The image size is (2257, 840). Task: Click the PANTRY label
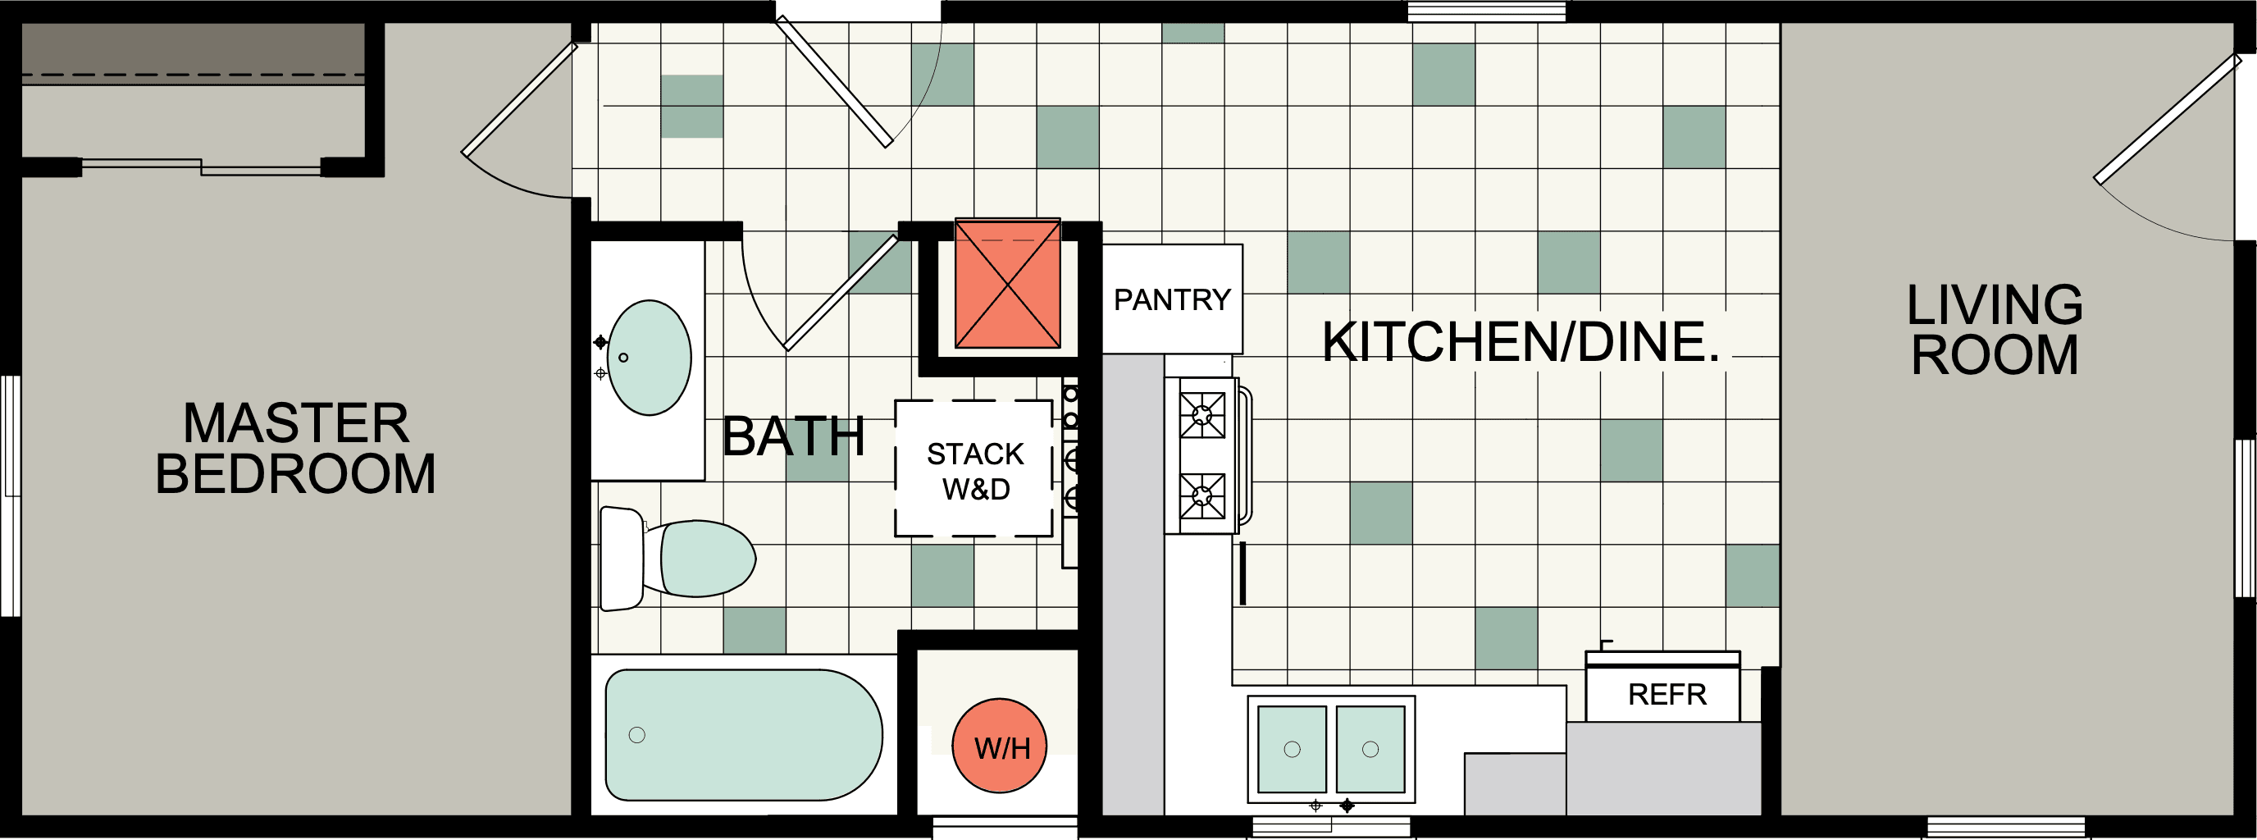[x=1171, y=299]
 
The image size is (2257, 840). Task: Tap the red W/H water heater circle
[x=1000, y=746]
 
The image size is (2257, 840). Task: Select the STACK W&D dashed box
[x=973, y=469]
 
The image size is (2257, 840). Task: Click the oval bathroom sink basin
[x=650, y=358]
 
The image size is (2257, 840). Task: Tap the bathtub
[x=743, y=735]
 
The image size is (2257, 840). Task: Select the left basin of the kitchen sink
[x=1292, y=749]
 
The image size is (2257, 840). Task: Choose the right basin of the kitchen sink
[x=1370, y=749]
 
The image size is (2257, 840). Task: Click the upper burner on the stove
[x=1202, y=414]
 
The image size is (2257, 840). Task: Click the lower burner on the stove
[x=1202, y=495]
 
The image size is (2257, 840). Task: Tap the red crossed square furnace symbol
[x=1008, y=284]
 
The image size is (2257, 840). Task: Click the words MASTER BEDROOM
[x=295, y=449]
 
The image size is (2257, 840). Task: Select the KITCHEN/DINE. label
[x=1521, y=341]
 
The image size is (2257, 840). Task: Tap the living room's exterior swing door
[x=2166, y=120]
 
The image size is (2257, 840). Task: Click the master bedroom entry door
[x=518, y=98]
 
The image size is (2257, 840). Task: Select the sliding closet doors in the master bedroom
[x=202, y=167]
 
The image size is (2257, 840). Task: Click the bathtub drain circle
[x=637, y=735]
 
